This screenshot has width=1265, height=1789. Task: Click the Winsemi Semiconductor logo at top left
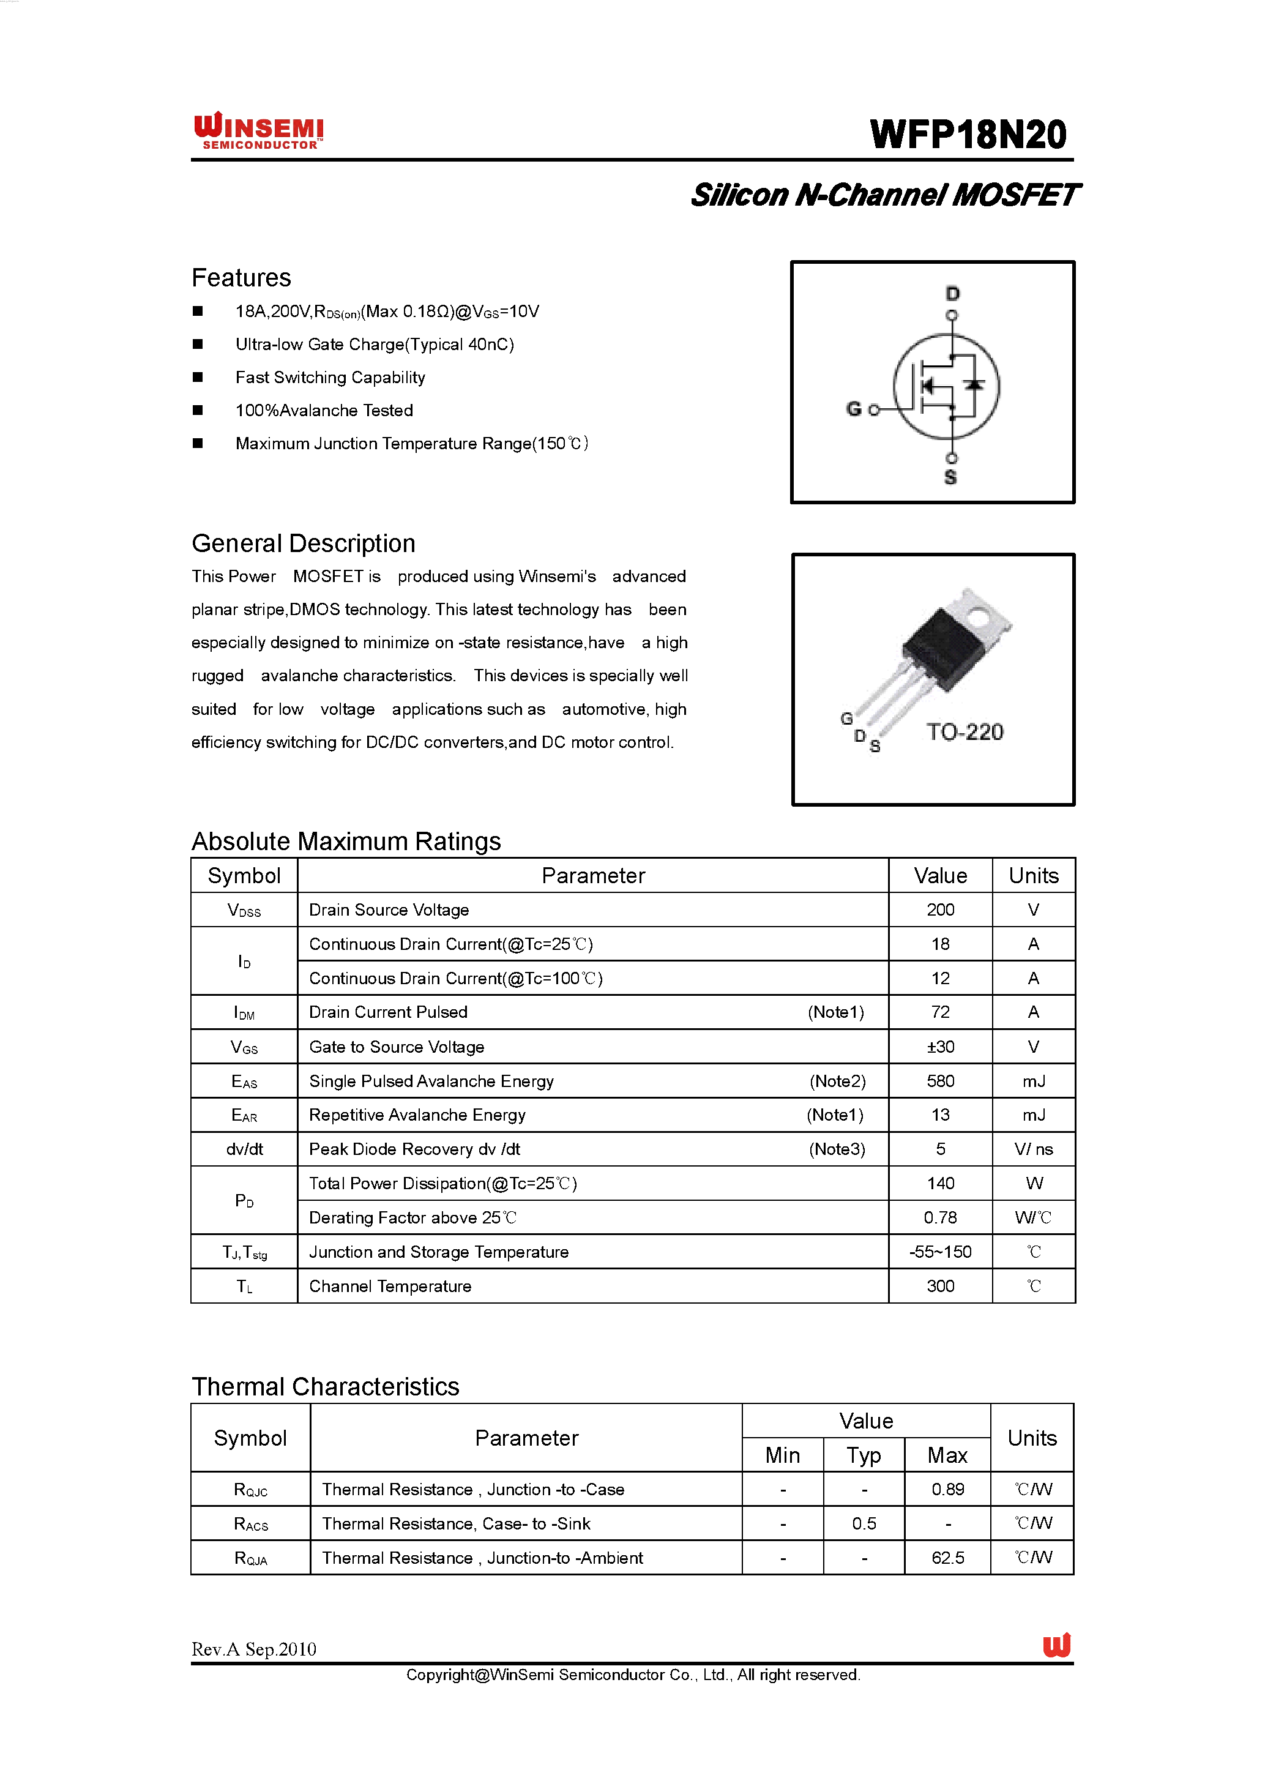259,131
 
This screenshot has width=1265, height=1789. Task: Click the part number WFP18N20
968,135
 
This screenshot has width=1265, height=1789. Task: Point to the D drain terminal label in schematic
952,294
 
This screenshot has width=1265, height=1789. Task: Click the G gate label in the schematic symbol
854,408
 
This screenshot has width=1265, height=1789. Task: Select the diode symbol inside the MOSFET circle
973,384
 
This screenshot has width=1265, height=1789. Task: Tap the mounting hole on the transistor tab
980,619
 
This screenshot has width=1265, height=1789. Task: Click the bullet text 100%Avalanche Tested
324,411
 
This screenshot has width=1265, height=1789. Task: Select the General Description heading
303,543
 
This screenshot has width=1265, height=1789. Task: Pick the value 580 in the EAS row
939,1081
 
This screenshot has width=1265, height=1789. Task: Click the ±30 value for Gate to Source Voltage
939,1047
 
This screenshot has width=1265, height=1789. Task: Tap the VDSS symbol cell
244,910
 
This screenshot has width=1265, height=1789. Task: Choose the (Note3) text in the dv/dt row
837,1149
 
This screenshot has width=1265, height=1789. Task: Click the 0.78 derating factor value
939,1218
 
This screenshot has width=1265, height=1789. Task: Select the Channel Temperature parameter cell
390,1287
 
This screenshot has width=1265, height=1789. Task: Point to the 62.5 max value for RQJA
947,1558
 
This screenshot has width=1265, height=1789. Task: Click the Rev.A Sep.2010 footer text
254,1649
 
